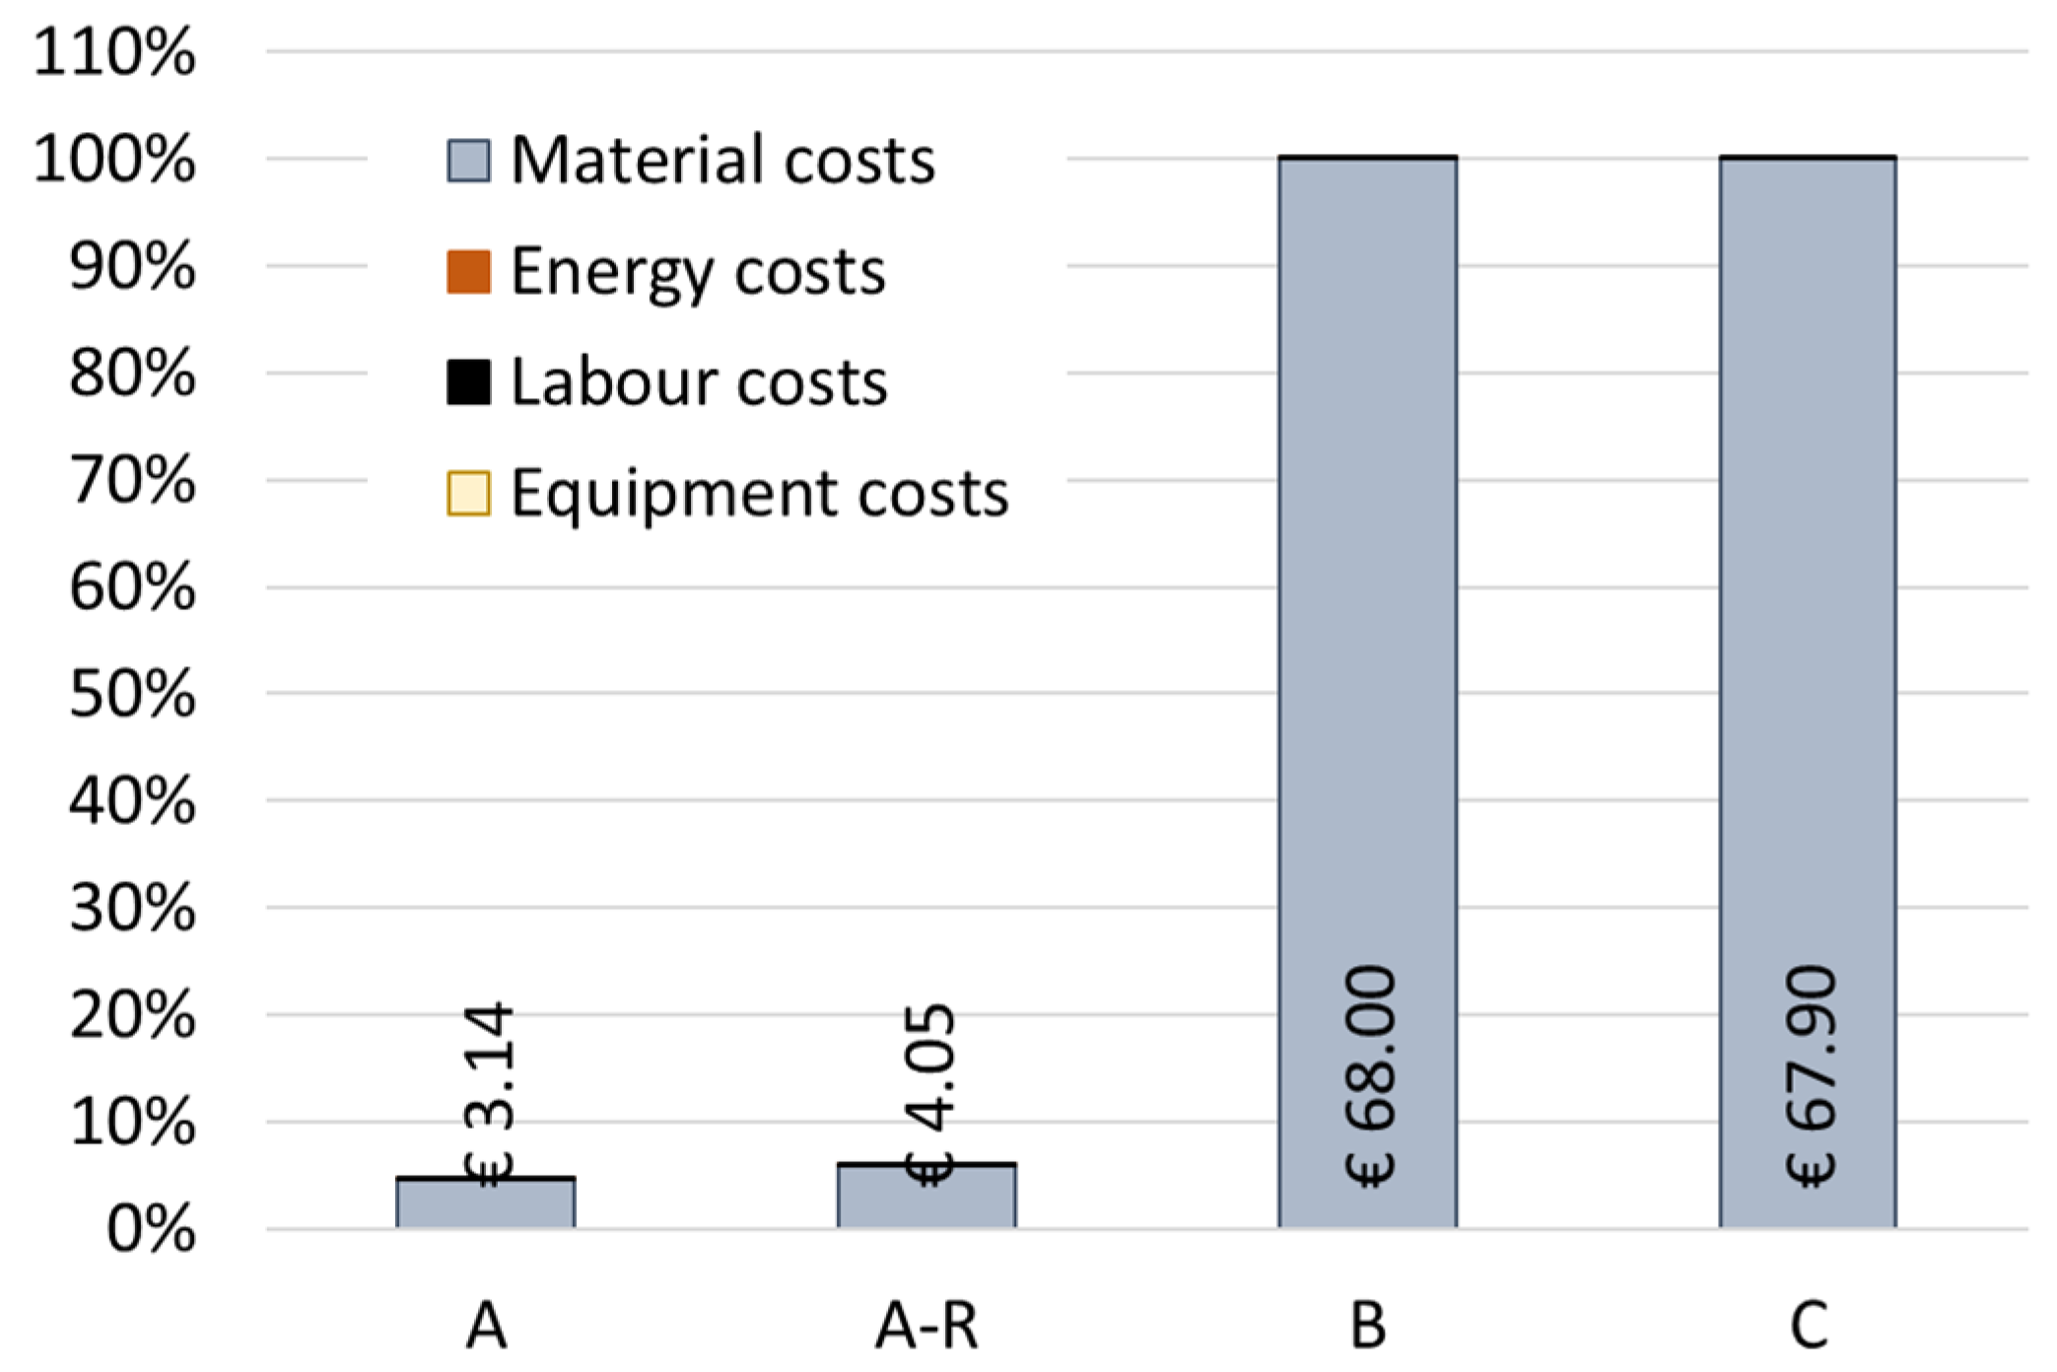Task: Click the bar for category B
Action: [x=1367, y=591]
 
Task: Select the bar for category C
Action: [x=1808, y=591]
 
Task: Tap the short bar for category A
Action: [x=486, y=1204]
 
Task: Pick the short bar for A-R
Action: [x=926, y=1198]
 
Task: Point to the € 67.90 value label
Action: [x=1811, y=1076]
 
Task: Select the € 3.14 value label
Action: [x=489, y=1094]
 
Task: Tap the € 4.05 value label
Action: [x=929, y=1094]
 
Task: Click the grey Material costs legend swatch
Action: [x=468, y=161]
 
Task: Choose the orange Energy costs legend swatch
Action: [x=468, y=272]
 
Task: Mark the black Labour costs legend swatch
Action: [x=468, y=382]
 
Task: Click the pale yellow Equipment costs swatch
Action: [x=468, y=494]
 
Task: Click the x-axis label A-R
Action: [x=926, y=1326]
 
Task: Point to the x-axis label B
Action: [x=1368, y=1326]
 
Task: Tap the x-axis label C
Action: [x=1809, y=1326]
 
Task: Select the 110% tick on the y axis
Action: [x=114, y=52]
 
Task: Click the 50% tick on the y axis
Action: [x=132, y=695]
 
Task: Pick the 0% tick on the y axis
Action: [x=151, y=1230]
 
